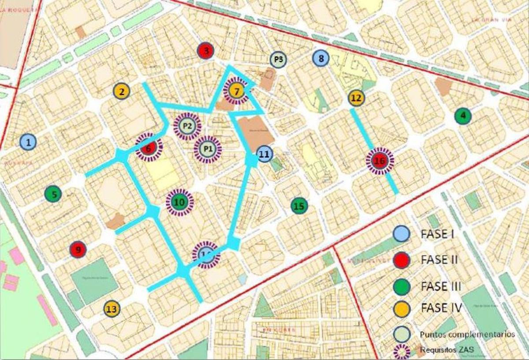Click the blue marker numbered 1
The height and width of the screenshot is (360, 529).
pyautogui.click(x=29, y=142)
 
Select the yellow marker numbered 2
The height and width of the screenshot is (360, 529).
pyautogui.click(x=121, y=91)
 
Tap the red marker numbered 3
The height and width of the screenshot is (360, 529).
pyautogui.click(x=206, y=51)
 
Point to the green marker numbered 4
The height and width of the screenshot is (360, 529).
pyautogui.click(x=463, y=116)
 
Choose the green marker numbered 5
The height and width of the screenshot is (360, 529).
pyautogui.click(x=53, y=194)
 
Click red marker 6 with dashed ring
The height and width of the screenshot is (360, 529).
pyautogui.click(x=149, y=147)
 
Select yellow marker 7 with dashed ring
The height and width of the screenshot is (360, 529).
pyautogui.click(x=237, y=91)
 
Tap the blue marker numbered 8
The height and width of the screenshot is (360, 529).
pyautogui.click(x=321, y=58)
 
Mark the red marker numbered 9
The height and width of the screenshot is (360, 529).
pyautogui.click(x=78, y=250)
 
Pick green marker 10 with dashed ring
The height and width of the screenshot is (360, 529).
pyautogui.click(x=179, y=202)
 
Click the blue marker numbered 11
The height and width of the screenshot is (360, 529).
pyautogui.click(x=264, y=154)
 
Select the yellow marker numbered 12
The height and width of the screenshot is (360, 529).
pyautogui.click(x=357, y=98)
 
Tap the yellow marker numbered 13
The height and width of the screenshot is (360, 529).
pyautogui.click(x=112, y=309)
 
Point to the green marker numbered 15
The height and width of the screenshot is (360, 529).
pyautogui.click(x=299, y=206)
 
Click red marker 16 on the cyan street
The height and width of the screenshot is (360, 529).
pyautogui.click(x=380, y=161)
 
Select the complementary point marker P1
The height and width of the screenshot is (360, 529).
pyautogui.click(x=208, y=149)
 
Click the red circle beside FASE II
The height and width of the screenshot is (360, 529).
pyautogui.click(x=402, y=260)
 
